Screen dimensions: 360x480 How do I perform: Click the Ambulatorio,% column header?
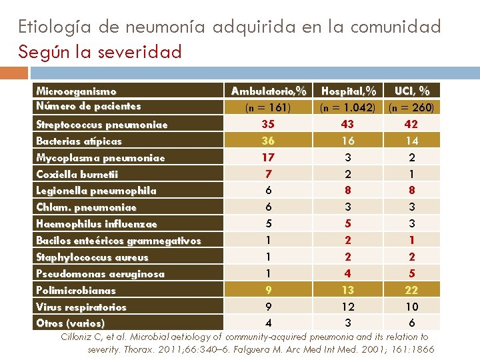269,91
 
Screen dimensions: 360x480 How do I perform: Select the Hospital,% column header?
348,91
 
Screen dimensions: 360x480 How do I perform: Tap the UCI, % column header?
412,91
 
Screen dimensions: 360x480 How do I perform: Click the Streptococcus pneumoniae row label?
101,125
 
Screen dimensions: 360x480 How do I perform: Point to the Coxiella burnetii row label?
77,175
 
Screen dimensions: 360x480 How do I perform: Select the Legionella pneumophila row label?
96,191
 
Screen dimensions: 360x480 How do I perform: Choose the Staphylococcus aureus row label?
92,257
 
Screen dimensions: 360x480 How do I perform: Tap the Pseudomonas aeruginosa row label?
100,274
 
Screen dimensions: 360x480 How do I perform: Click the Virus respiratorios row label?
81,307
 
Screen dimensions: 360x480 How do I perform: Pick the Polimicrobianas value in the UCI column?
412,290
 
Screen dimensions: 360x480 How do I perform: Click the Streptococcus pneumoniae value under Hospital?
348,124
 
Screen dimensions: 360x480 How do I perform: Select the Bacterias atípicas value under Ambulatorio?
269,141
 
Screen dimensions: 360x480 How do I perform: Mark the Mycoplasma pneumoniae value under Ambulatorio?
269,157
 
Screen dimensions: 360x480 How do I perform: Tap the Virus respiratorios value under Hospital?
348,307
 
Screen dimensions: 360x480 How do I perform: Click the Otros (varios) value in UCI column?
412,323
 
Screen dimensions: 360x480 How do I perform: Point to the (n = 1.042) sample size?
348,107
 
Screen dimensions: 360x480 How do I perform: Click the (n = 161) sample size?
269,107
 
